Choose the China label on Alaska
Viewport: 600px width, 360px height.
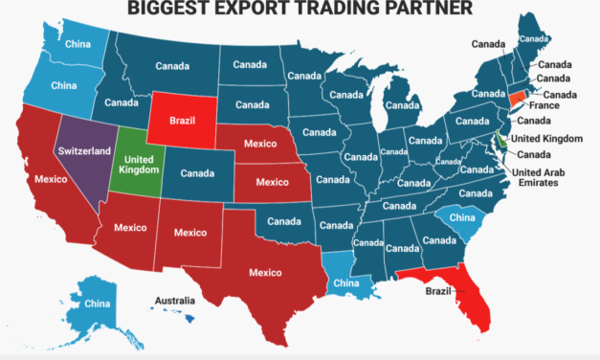(x=98, y=304)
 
